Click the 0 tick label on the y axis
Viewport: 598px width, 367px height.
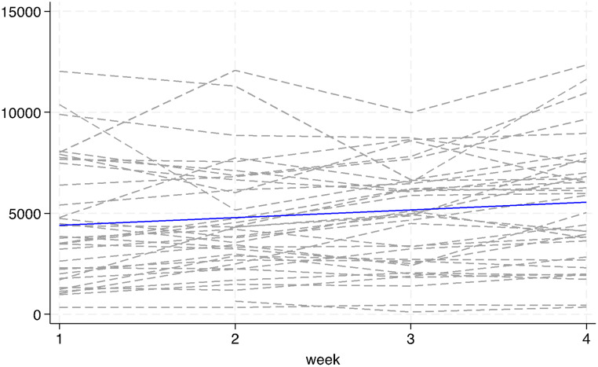pos(44,314)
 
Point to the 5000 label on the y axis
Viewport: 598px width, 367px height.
pos(31,214)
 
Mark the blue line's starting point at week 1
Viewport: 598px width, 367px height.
pos(59,226)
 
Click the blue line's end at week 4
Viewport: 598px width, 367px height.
pos(586,202)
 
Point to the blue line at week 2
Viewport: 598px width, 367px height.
pos(235,218)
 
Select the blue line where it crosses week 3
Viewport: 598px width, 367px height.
pos(410,210)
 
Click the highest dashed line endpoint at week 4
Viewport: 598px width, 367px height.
pos(586,65)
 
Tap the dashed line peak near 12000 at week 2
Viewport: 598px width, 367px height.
pos(235,70)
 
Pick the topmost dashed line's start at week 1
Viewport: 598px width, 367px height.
pos(59,72)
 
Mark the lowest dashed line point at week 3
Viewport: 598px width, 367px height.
pos(410,312)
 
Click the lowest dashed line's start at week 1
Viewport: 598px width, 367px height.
pos(59,307)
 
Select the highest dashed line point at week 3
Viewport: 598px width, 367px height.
pos(410,113)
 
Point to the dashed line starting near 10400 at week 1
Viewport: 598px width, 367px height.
pos(59,105)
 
